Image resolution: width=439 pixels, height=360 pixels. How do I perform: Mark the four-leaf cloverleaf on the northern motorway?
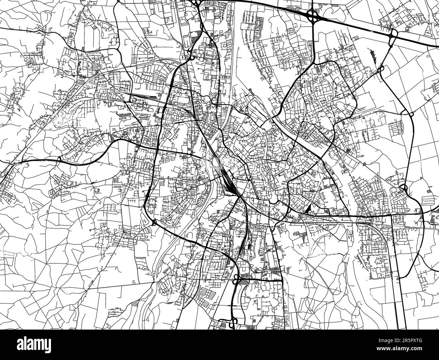click(x=312, y=15)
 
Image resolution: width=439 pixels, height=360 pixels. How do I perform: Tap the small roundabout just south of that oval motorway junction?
click(x=381, y=69)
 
